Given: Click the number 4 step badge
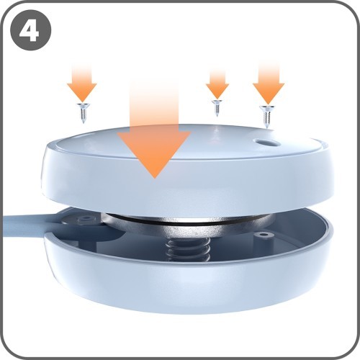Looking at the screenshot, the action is pyautogui.click(x=31, y=30).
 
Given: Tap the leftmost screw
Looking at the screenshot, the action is pyautogui.click(x=83, y=113).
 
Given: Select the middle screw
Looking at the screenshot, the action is pyautogui.click(x=217, y=108).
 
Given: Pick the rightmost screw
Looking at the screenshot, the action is pyautogui.click(x=267, y=117).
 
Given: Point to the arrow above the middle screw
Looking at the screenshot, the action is pyautogui.click(x=217, y=84).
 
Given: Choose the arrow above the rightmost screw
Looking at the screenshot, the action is pyautogui.click(x=269, y=83).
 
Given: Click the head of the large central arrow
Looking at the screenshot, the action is pyautogui.click(x=154, y=153).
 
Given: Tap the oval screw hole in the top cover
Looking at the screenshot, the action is pyautogui.click(x=268, y=143).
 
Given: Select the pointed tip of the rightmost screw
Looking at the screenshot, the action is pyautogui.click(x=266, y=128).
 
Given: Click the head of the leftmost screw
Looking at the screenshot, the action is pyautogui.click(x=83, y=105).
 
